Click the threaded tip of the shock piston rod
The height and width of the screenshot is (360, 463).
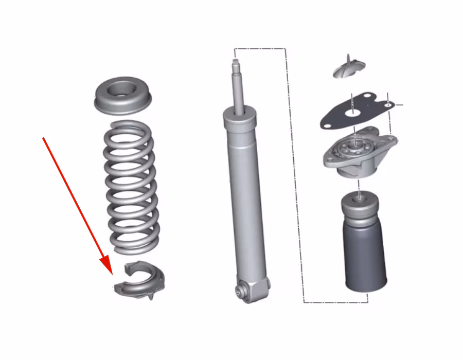tap(236, 63)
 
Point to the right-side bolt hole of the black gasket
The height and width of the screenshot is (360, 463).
tap(387, 105)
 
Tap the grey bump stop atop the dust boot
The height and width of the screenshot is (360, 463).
tap(360, 204)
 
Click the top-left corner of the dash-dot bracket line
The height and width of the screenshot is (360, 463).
tap(235, 49)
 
